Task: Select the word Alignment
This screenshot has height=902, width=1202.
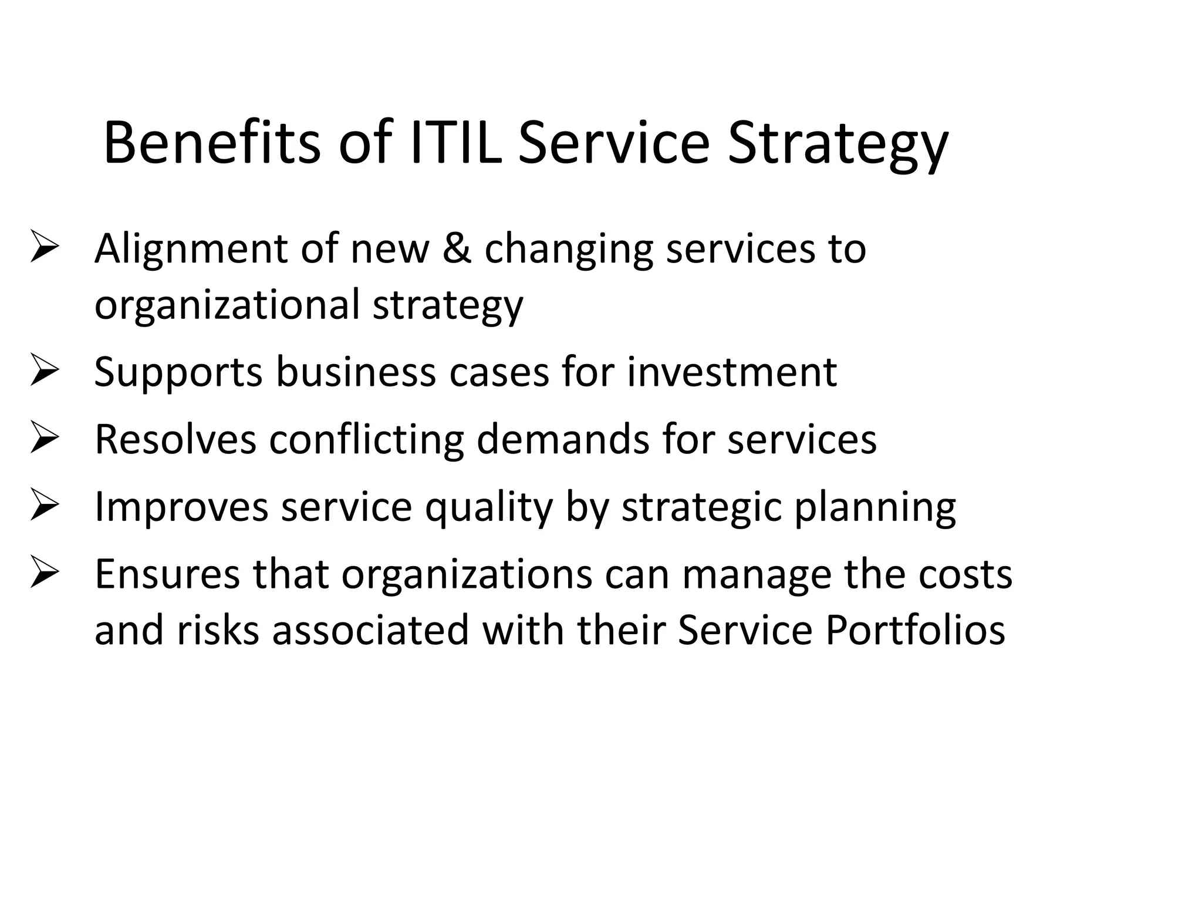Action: coord(191,249)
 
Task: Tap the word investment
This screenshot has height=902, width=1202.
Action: coord(731,372)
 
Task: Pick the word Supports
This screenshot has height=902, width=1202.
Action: coord(178,373)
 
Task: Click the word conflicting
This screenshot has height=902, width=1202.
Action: coord(366,439)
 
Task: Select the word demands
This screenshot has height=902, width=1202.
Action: coord(563,439)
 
